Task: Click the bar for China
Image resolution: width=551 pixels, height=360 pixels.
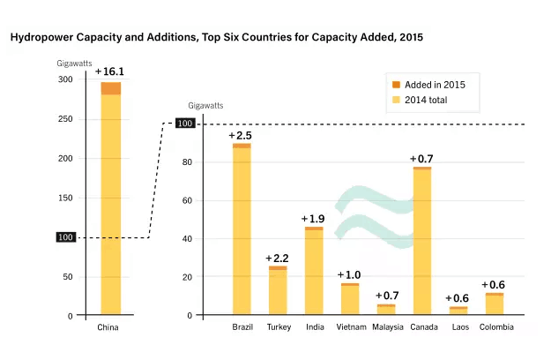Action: (110, 203)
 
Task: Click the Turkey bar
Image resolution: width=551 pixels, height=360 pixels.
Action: (278, 291)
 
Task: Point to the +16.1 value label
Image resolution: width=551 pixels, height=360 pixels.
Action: (109, 71)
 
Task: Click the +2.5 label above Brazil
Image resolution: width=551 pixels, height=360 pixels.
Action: (240, 135)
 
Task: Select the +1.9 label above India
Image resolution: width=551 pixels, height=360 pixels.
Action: (313, 218)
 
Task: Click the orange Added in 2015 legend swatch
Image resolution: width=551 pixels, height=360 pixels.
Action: (396, 85)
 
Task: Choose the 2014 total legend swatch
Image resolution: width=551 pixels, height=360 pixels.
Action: (396, 100)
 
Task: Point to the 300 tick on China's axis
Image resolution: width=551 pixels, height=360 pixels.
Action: (65, 80)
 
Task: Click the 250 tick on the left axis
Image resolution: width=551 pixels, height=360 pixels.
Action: (65, 119)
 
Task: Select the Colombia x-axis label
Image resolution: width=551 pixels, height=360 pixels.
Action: (495, 327)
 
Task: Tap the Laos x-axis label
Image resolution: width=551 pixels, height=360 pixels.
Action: (458, 327)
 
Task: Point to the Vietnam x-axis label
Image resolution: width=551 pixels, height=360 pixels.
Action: (350, 327)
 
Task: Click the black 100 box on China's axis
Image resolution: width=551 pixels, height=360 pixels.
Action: (65, 237)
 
